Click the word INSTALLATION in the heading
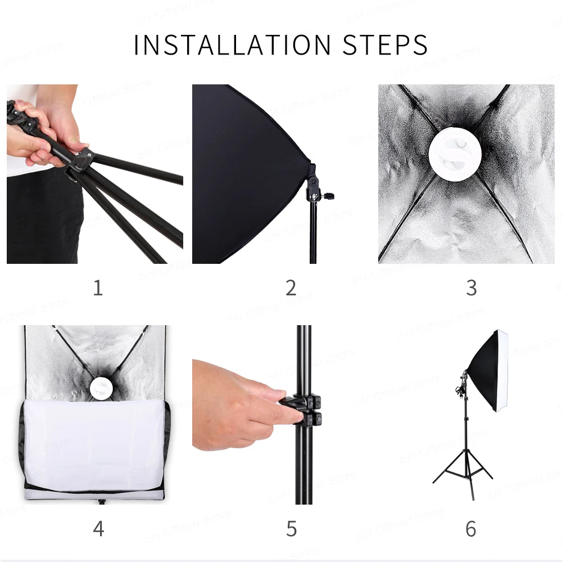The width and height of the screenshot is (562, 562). coord(232,45)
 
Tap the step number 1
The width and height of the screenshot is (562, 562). coord(98,288)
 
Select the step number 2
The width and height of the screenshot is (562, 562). coord(291,288)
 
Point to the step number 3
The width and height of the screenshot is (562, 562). coord(472,288)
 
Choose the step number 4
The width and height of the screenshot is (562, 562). coord(98,529)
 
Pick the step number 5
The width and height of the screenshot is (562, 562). coord(291,529)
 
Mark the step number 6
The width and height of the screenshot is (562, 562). coord(471,529)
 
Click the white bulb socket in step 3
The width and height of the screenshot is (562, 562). coord(455,154)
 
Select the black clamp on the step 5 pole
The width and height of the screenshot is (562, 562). coord(304,409)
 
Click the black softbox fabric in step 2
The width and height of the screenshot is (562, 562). coord(247,172)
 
